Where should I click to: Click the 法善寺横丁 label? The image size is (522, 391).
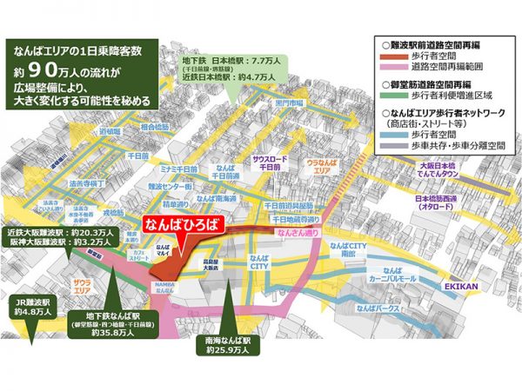84,184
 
